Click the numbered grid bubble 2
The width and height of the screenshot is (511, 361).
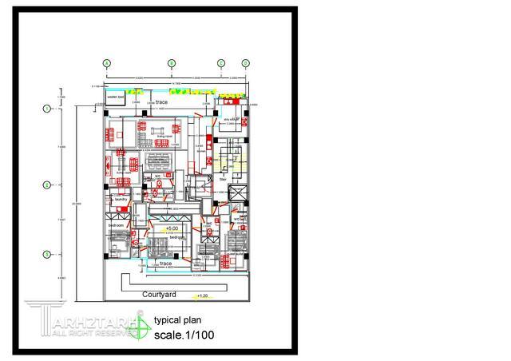coord(47,184)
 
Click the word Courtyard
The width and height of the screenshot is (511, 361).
coord(159,295)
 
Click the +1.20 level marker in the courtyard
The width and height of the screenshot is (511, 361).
coord(201,296)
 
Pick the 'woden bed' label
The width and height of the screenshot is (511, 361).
coord(117,98)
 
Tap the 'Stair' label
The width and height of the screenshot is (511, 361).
coord(224,180)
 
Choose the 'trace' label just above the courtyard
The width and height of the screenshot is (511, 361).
coord(166,263)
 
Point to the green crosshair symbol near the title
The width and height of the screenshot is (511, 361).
coord(141,324)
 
